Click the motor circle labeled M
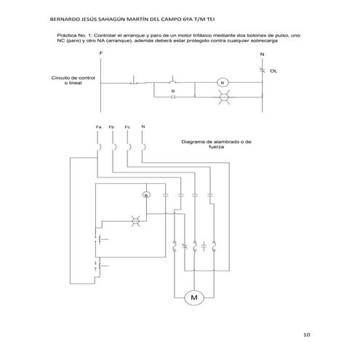194,297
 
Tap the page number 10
307,335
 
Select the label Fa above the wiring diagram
98,127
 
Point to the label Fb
111,127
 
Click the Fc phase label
127,127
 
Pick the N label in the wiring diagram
143,127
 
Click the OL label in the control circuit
273,72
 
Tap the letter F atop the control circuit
101,55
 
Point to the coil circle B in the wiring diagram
145,195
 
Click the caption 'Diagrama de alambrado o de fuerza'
216,144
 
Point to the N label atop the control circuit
262,55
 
